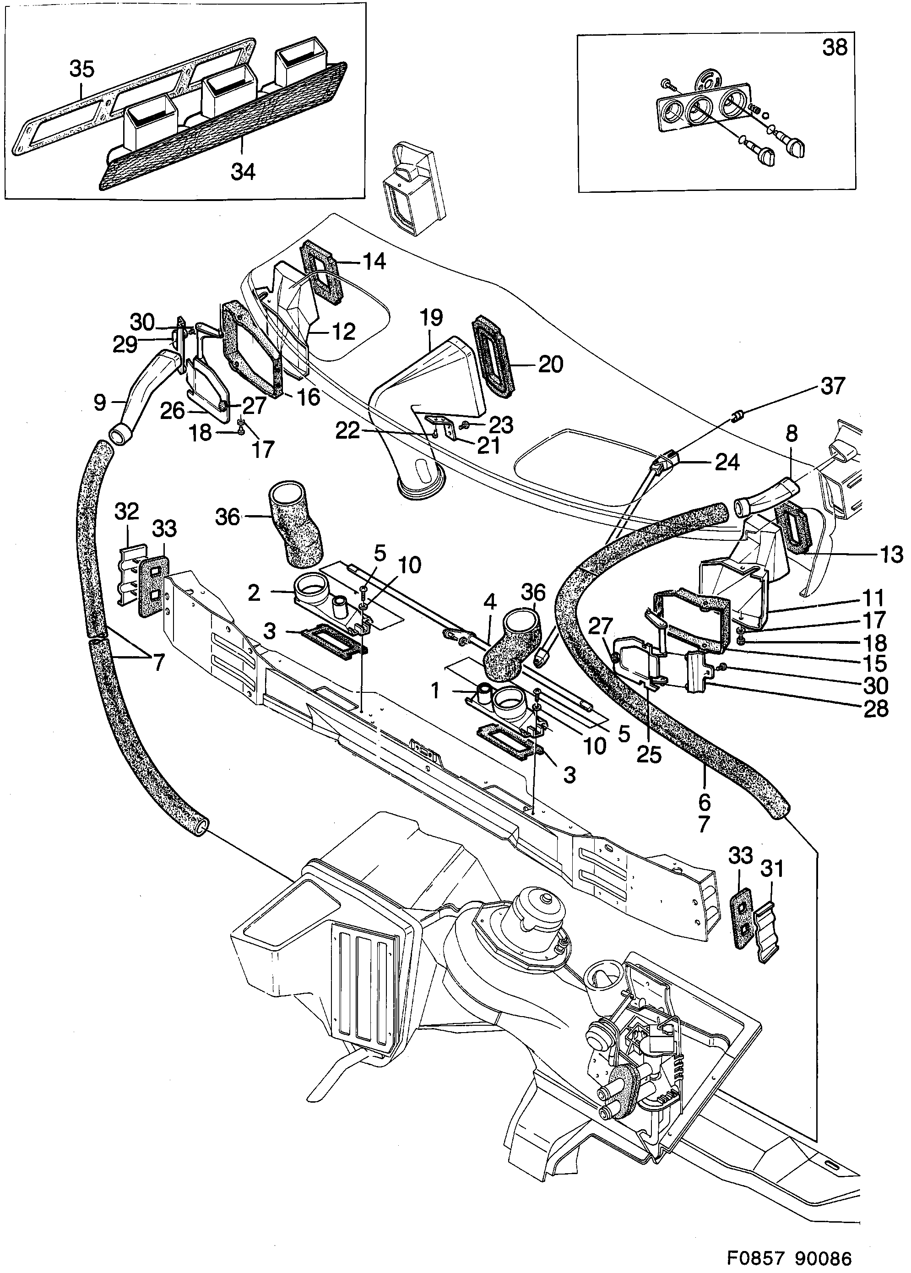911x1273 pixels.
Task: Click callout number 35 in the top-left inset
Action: click(x=82, y=69)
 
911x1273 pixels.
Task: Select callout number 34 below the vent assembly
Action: click(x=243, y=172)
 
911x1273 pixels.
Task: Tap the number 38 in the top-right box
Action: click(x=834, y=48)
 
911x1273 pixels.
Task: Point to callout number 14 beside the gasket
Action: click(x=374, y=261)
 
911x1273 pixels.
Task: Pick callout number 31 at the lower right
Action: click(x=771, y=869)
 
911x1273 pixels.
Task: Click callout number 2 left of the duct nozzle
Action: click(x=254, y=593)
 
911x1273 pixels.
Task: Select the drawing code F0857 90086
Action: click(x=789, y=1243)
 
